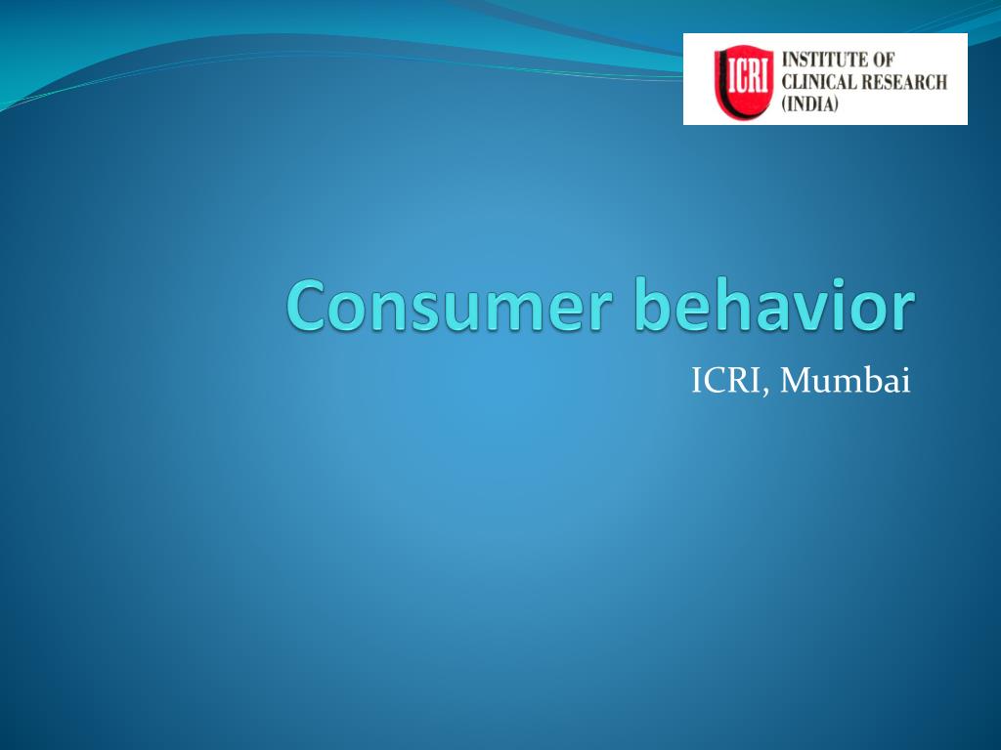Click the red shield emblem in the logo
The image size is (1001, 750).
[739, 79]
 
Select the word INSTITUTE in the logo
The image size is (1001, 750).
[826, 61]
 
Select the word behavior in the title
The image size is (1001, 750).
[775, 306]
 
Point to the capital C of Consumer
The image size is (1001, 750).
[307, 306]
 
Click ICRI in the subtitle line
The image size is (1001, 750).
[729, 381]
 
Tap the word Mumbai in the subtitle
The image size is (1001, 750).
[847, 381]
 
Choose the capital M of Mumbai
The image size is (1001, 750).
[798, 381]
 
